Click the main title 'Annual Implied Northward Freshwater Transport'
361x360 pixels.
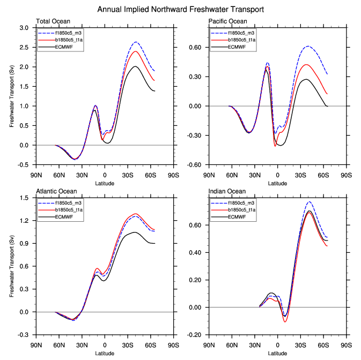click(180, 10)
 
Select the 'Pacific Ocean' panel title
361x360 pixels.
click(228, 21)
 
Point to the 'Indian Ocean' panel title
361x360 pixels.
click(227, 191)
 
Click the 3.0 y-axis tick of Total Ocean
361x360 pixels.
click(25, 28)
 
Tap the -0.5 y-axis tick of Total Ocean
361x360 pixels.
click(24, 164)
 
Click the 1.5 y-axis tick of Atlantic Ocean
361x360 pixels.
click(25, 198)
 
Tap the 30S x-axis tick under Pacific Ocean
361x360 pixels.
click(300, 175)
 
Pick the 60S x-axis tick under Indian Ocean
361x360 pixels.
click(323, 345)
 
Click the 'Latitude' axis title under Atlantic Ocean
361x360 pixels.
click(105, 353)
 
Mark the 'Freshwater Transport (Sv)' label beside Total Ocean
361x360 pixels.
click(12, 96)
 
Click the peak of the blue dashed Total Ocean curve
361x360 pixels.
click(136, 42)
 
